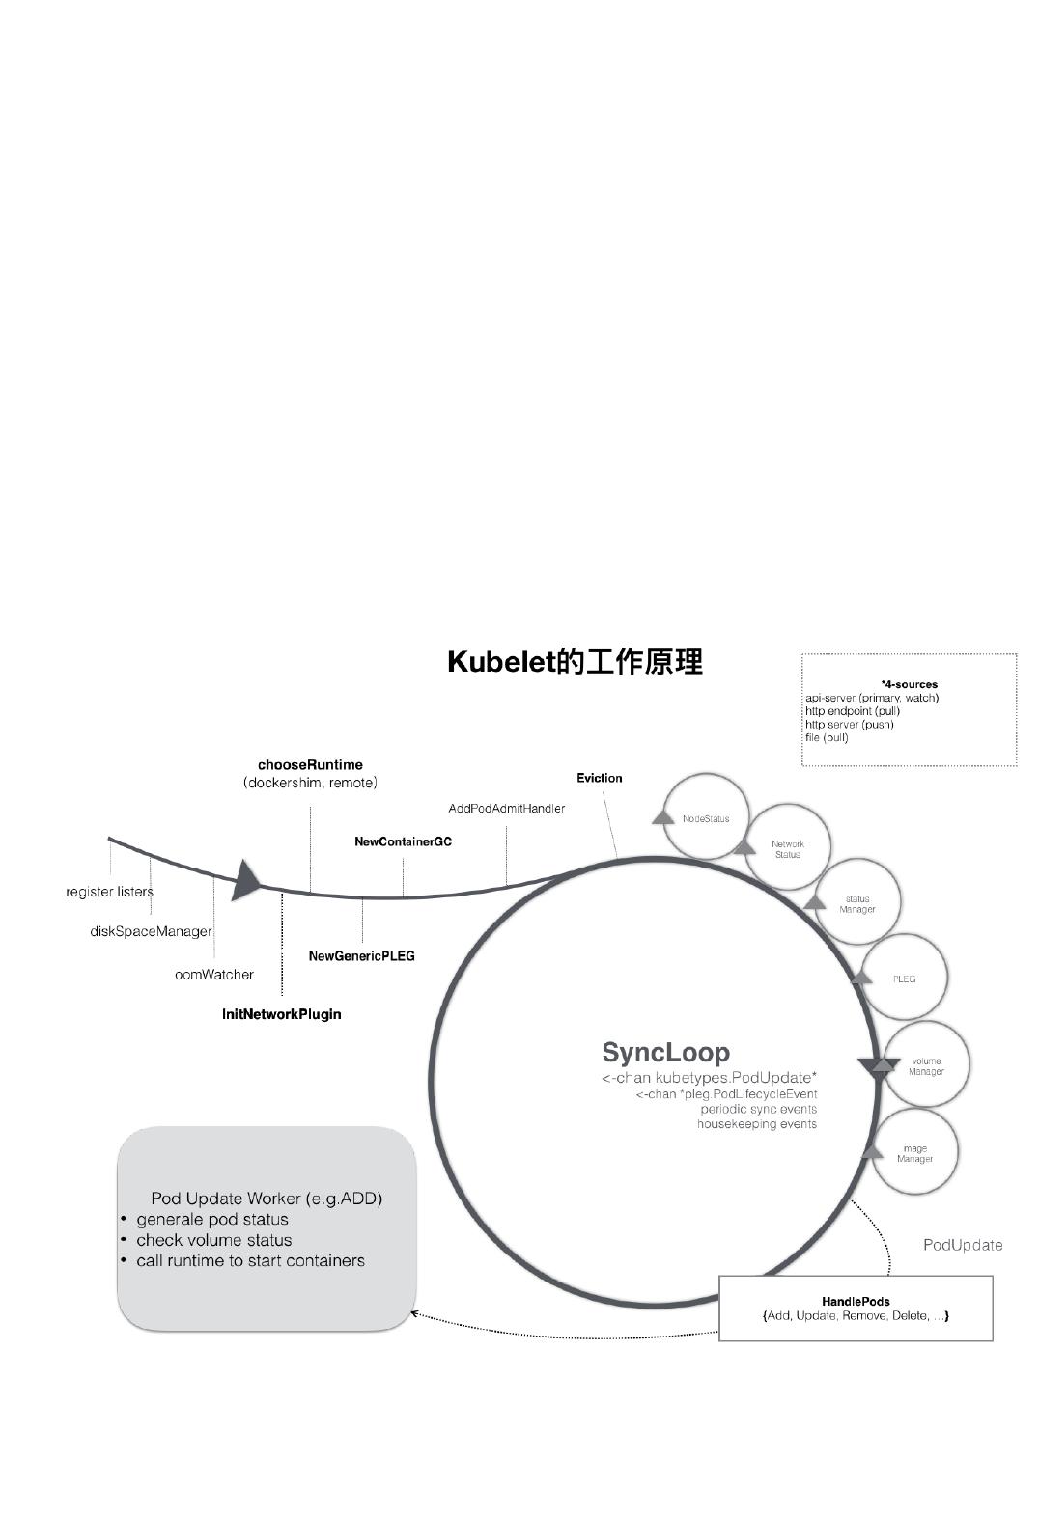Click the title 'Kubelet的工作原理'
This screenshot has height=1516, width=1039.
[575, 662]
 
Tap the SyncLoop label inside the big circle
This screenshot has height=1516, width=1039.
[665, 1052]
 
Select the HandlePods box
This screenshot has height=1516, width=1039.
[856, 1309]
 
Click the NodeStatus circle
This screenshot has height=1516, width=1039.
[707, 816]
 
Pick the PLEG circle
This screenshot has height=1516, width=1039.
[904, 979]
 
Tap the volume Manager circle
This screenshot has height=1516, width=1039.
[926, 1065]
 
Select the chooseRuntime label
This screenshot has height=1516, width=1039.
[310, 765]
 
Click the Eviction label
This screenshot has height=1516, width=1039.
[600, 778]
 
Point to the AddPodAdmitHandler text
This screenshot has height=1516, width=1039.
[506, 808]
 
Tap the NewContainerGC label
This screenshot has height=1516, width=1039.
[403, 841]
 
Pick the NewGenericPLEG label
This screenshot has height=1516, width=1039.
[361, 956]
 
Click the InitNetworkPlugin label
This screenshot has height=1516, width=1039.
[282, 1014]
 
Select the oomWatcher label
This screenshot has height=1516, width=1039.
[214, 975]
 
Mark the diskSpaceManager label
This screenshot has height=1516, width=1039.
[151, 931]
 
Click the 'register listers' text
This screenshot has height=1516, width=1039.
[109, 892]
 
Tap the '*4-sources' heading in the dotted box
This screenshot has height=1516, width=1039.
[909, 684]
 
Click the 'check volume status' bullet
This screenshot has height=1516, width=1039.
[213, 1240]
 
